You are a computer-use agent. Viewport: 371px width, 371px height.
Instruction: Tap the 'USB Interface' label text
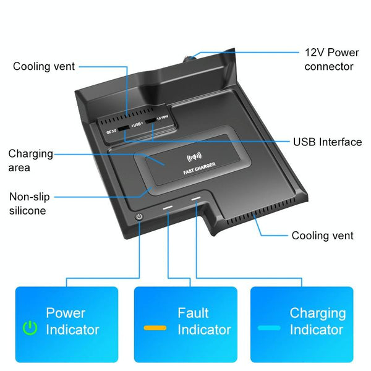tap(327, 142)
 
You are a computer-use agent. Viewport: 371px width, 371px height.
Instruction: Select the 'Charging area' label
tap(30, 160)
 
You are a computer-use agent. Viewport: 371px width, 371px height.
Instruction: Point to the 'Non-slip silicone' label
tap(29, 203)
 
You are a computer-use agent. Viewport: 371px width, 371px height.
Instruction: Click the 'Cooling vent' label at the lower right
tap(322, 236)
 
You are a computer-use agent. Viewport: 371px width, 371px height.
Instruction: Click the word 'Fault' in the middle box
tap(193, 313)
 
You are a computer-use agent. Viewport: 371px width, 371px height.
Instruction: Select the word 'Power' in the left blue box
tap(66, 313)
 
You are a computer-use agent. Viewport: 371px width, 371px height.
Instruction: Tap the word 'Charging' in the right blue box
tap(317, 313)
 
